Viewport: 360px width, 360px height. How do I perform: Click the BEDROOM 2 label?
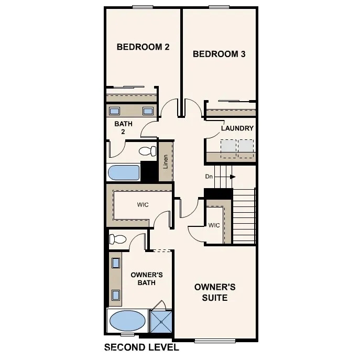click(x=143, y=47)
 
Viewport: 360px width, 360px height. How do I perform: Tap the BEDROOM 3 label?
click(x=219, y=53)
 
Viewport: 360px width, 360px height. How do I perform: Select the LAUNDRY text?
click(x=237, y=128)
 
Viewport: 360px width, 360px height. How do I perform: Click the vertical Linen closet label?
click(x=166, y=162)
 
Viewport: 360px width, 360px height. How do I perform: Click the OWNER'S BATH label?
click(x=147, y=279)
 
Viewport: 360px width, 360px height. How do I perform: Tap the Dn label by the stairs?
click(x=209, y=177)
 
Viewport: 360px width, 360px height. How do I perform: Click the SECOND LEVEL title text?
click(x=141, y=347)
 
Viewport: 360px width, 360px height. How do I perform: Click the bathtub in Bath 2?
click(x=124, y=172)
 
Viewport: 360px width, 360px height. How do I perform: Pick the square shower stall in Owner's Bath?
click(x=160, y=321)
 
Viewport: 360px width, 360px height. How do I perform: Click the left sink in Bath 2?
click(x=114, y=111)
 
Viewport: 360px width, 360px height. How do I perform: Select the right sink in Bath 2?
click(x=148, y=111)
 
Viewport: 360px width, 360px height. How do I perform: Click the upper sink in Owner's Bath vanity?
click(x=116, y=263)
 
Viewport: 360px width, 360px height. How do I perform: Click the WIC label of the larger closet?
click(x=143, y=204)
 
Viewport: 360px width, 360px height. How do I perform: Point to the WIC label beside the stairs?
click(x=214, y=226)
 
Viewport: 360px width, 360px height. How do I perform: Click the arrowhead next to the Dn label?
click(x=232, y=177)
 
